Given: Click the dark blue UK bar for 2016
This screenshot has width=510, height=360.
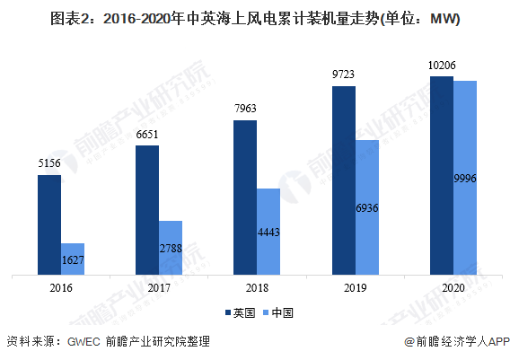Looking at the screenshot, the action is coord(49,225).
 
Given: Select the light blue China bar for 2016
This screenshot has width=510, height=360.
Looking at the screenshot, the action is coord(73,259).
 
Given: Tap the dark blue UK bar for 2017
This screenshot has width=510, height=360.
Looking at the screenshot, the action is coord(147,210).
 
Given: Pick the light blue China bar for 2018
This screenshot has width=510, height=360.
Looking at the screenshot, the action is coord(268,232).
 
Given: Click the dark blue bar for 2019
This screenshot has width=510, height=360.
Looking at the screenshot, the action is coord(344,180).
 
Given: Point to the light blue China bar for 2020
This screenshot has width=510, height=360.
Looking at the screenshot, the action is coord(465,178).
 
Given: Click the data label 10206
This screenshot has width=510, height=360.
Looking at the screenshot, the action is coord(442,66).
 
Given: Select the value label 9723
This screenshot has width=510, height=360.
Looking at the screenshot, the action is coord(343,75).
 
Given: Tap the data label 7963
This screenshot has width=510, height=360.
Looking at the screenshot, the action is coord(245,109).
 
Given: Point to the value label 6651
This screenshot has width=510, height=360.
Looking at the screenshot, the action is coord(147,135).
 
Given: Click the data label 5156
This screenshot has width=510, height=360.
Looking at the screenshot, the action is coord(49,162).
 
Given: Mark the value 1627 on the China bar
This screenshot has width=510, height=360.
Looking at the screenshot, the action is coord(73,259).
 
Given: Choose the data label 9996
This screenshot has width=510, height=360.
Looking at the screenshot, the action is coord(465,179).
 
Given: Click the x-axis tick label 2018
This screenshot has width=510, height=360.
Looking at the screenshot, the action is coord(257,288).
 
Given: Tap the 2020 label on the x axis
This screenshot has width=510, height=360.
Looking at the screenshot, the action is coord(453,288).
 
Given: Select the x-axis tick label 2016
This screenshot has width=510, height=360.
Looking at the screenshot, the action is coord(61,288).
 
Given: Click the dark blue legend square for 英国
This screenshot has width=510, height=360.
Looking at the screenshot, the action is coord(228,312).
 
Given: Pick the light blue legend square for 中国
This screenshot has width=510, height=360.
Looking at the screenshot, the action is coord(266,312).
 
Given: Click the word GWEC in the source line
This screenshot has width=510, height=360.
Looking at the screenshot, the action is coord(84,342).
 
